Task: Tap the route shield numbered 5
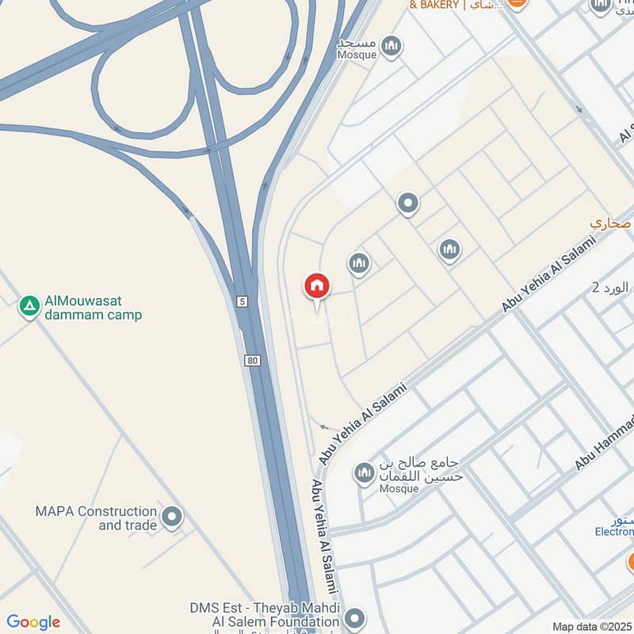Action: click(x=241, y=301)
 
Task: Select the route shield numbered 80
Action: click(x=252, y=361)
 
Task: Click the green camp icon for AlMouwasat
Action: click(x=29, y=306)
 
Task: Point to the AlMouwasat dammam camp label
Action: click(x=93, y=307)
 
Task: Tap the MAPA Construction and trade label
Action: click(x=95, y=518)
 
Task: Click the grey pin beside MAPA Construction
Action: click(x=171, y=518)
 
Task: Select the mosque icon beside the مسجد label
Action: click(x=390, y=47)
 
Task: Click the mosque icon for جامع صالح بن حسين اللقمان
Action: click(x=365, y=473)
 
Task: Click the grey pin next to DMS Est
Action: click(x=354, y=617)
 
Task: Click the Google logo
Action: click(x=32, y=622)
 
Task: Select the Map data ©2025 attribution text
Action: click(x=591, y=627)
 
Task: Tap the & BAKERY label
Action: click(x=433, y=6)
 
